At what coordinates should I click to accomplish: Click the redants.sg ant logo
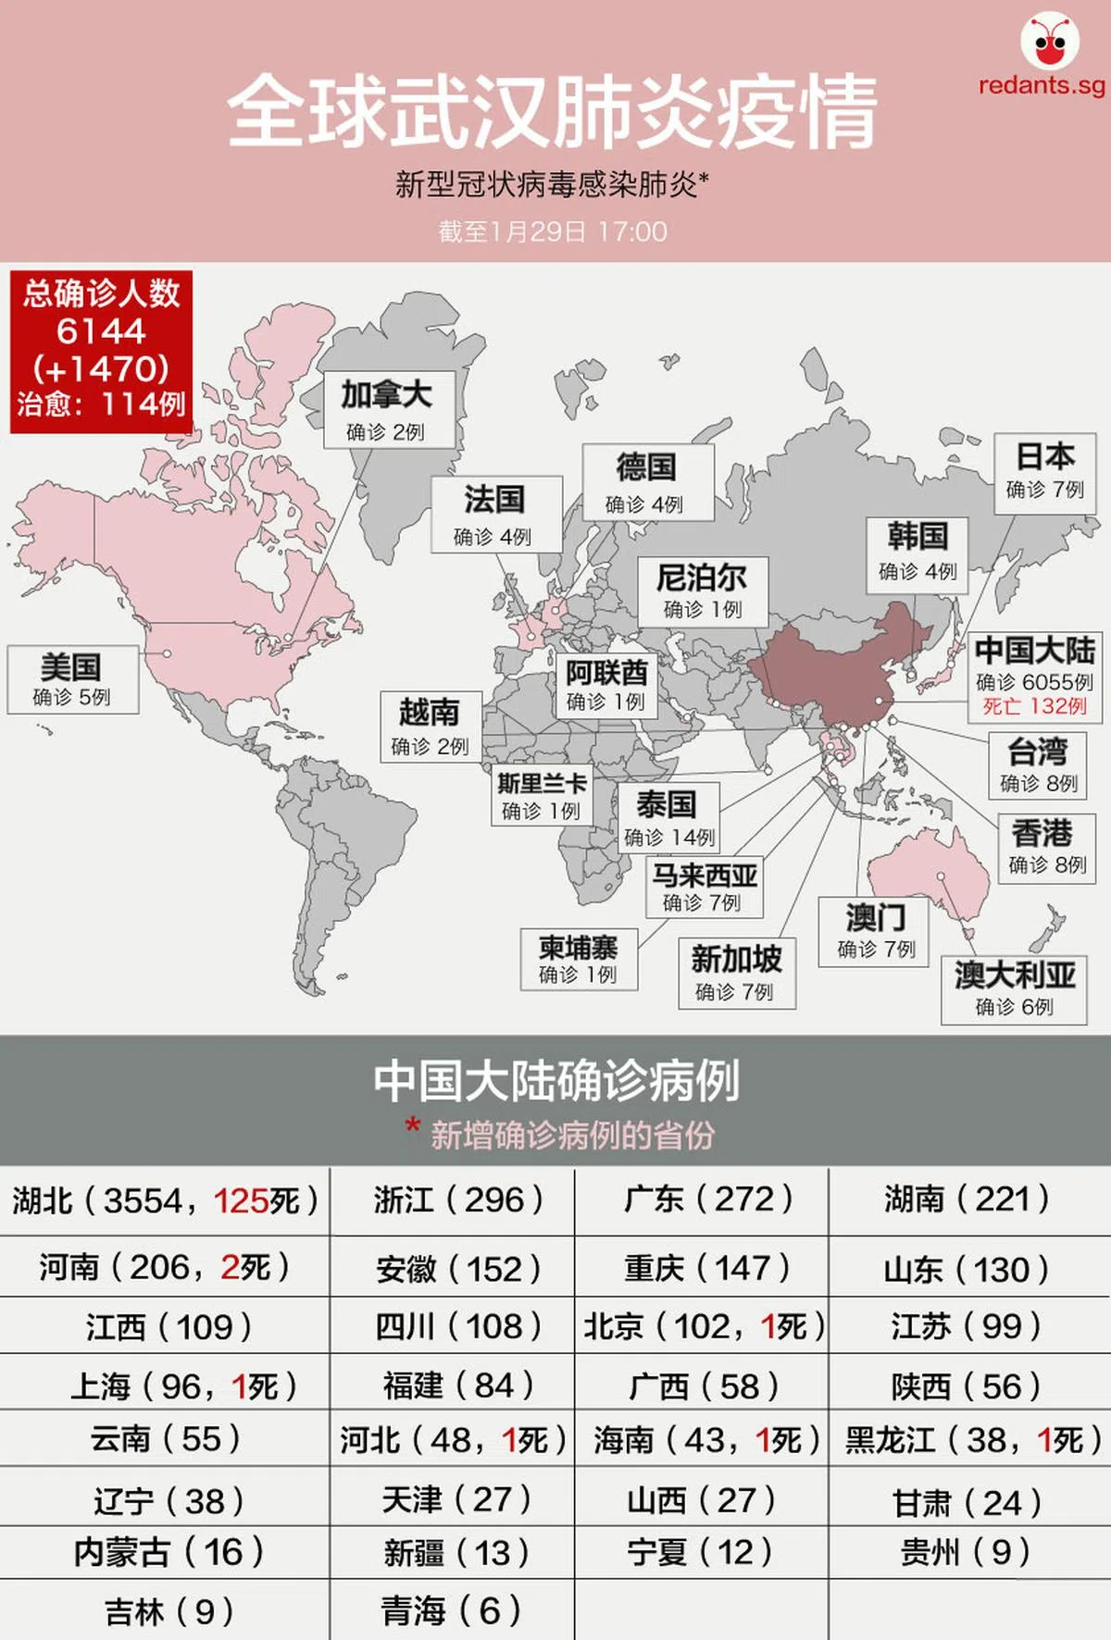[x=1050, y=43]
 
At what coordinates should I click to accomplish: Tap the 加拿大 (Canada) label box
[x=388, y=409]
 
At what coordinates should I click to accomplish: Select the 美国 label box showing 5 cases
[x=72, y=679]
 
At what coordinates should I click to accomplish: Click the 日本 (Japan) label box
[x=1044, y=471]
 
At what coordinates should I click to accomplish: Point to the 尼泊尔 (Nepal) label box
[x=703, y=590]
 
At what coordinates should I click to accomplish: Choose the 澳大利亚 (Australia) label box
[x=1014, y=989]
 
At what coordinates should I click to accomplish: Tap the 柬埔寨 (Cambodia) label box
[x=579, y=959]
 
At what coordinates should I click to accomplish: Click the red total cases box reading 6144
[x=101, y=351]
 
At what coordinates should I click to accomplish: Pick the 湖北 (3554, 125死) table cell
[x=165, y=1201]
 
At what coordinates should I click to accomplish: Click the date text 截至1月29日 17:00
[x=553, y=231]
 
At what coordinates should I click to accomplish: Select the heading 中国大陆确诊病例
[x=555, y=1080]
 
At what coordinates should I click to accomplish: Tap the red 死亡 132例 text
[x=1034, y=706]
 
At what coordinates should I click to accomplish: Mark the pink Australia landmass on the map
[x=926, y=879]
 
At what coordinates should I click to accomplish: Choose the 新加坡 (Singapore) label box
[x=737, y=973]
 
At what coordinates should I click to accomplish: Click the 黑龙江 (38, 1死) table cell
[x=971, y=1440]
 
